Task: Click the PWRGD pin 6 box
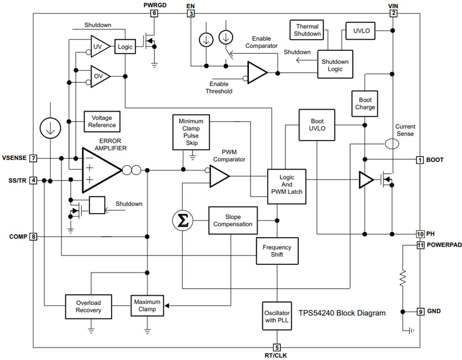point(155,13)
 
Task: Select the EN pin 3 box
point(191,13)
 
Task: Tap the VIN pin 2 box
point(393,13)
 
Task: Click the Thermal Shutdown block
point(307,30)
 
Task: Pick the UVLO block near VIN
point(360,31)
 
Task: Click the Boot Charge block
point(365,103)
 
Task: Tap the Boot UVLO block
point(317,125)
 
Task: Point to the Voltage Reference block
point(102,122)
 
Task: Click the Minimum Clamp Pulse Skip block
point(191,132)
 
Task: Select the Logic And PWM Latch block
point(287,187)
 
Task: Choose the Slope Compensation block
point(233,221)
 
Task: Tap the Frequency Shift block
point(277,251)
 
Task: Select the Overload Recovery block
point(88,306)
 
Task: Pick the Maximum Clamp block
point(147,305)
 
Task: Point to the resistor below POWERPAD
point(402,278)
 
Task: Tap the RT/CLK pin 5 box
point(277,347)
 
